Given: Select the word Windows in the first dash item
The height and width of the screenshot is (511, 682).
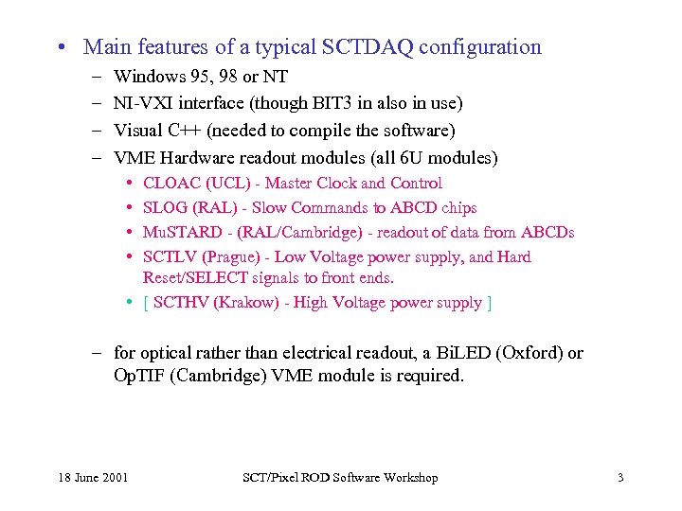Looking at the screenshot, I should (143, 77).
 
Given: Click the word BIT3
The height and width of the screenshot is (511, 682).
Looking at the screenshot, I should (316, 103).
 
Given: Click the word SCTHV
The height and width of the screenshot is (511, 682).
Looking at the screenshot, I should (180, 303).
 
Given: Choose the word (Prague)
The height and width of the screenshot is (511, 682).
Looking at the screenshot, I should (226, 257).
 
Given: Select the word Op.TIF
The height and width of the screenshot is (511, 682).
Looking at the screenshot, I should (137, 376).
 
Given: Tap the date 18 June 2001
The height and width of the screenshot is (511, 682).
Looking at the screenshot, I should (92, 478).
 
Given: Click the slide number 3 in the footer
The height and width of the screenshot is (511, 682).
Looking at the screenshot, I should (620, 478).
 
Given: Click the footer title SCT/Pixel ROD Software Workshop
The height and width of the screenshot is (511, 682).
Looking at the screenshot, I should (341, 478).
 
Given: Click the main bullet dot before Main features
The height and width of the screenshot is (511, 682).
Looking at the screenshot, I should (61, 48).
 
